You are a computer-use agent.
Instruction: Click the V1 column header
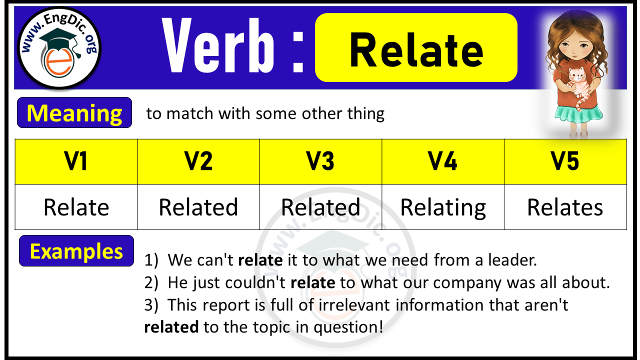coord(76,162)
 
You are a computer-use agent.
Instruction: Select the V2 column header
coord(198,162)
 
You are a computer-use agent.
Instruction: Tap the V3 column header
coord(320,162)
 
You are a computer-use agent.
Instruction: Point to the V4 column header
coord(443,162)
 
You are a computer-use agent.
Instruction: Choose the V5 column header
coord(565,162)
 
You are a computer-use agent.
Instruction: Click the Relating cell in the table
coord(443,207)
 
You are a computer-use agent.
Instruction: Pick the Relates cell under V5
coord(565,207)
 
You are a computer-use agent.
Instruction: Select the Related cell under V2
coord(198,207)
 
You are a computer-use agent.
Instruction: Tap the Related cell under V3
coord(320,207)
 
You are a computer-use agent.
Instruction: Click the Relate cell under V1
coord(76,207)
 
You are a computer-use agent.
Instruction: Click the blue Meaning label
coord(74,113)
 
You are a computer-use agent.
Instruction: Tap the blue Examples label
coord(76,251)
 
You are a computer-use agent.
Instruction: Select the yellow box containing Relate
coord(416,48)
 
